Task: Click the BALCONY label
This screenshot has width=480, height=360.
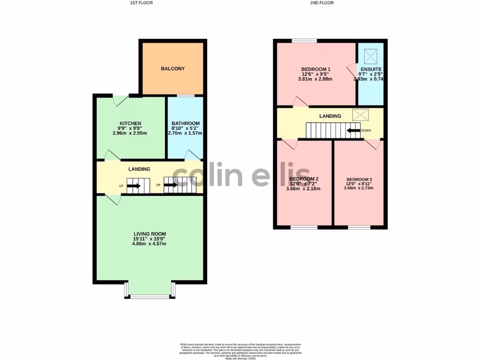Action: tap(172, 69)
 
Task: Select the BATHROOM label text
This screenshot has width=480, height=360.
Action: tap(185, 124)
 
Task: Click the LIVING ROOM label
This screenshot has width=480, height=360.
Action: tap(150, 234)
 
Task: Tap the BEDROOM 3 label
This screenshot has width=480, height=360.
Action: tap(359, 180)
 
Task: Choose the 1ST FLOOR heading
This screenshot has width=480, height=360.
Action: tap(141, 3)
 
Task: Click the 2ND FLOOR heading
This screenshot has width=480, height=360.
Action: tap(322, 3)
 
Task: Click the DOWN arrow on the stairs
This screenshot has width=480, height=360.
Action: tap(353, 131)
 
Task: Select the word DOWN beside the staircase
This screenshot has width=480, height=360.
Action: tap(366, 131)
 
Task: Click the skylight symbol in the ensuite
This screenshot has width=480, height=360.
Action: tap(371, 57)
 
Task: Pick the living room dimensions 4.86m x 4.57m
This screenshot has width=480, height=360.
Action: tap(150, 244)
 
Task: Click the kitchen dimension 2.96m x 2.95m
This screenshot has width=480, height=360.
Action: tap(130, 133)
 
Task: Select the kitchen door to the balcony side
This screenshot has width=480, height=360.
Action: tap(120, 100)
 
